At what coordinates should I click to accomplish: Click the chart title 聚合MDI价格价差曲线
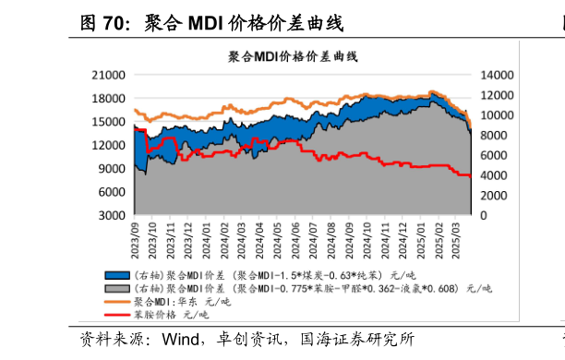(x=293, y=57)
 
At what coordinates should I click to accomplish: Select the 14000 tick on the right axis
(x=496, y=75)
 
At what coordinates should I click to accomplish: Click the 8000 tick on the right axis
(x=493, y=135)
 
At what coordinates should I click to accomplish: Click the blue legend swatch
(x=117, y=275)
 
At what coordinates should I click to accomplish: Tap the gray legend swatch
(x=117, y=288)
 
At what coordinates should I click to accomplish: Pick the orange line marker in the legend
(x=117, y=301)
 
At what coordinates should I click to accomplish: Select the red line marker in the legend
(x=117, y=315)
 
